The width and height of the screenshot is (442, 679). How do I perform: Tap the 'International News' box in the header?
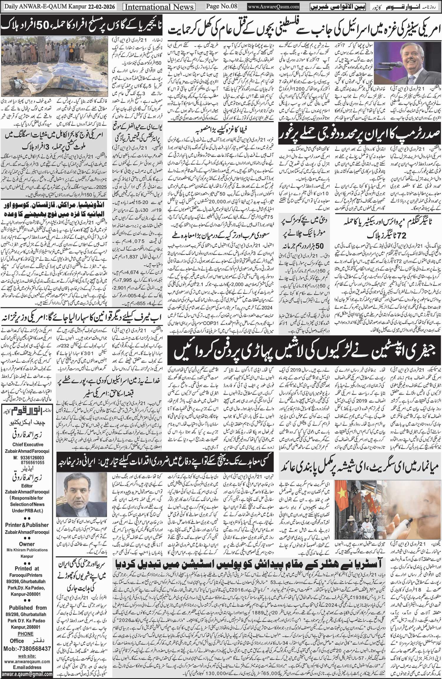[159, 7]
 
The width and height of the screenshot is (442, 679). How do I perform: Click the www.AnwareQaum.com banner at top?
[274, 6]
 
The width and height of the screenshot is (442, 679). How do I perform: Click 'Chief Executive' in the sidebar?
[28, 444]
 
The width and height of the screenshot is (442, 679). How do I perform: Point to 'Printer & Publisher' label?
[27, 525]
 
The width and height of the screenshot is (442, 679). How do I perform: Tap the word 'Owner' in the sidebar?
[27, 544]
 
